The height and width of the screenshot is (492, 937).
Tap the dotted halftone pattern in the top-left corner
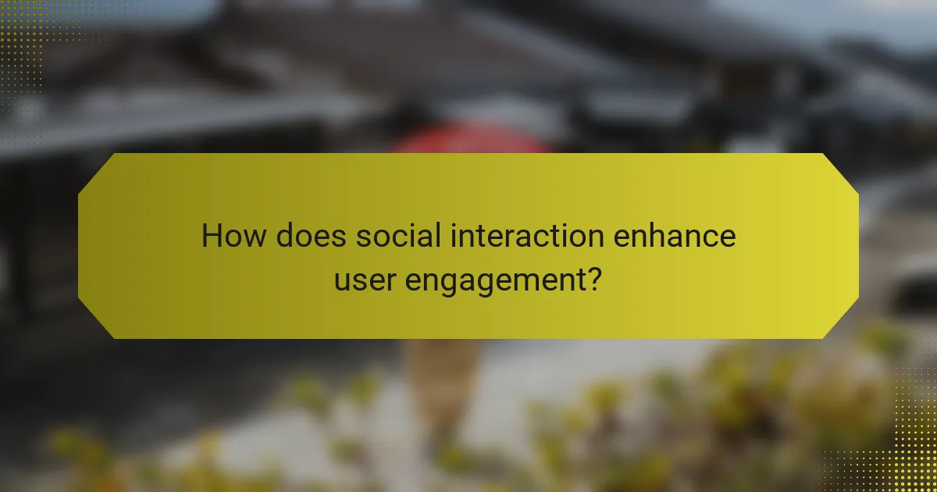tap(20, 47)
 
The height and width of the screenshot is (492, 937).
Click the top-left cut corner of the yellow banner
tap(97, 172)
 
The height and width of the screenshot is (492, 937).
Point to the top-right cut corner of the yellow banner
tap(840, 172)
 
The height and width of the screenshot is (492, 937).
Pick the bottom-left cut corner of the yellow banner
tap(97, 320)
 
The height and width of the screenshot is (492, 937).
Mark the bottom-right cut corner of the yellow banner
tap(840, 320)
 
